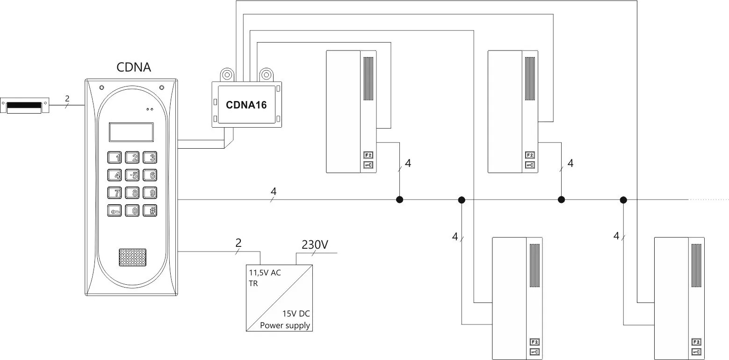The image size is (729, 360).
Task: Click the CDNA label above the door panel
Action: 134,67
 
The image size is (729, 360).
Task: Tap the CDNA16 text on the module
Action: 246,105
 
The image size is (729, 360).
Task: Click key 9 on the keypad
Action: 150,193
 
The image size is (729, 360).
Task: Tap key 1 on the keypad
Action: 115,158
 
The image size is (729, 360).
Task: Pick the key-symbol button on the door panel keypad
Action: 115,211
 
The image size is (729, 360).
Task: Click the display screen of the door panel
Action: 131,132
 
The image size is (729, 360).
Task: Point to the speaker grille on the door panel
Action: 132,258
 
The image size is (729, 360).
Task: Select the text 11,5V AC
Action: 265,273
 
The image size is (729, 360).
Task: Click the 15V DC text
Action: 296,314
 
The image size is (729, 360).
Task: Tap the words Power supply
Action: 285,325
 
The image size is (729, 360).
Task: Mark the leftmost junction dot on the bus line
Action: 399,200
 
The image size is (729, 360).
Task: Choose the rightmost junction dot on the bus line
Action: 623,200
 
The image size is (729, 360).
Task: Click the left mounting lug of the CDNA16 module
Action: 227,74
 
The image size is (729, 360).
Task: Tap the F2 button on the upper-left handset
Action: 368,155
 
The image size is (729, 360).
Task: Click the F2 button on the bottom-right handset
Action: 696,342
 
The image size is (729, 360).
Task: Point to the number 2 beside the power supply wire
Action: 238,243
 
